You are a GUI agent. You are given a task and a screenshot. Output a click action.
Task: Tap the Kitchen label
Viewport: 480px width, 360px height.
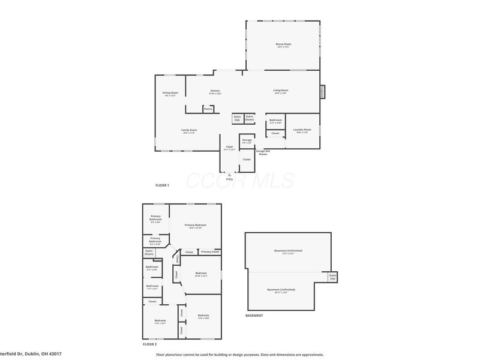(215, 92)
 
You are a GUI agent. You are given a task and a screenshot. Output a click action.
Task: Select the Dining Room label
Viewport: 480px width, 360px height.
(170, 94)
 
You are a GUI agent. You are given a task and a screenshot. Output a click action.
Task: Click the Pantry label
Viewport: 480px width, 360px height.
(208, 109)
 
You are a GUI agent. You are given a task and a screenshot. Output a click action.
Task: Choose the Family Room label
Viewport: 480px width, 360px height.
(190, 131)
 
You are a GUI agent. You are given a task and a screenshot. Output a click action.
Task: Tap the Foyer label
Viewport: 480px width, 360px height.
(229, 148)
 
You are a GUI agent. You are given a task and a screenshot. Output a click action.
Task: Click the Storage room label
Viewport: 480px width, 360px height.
(247, 140)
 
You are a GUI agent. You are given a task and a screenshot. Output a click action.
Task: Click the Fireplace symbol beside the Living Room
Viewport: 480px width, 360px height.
(323, 91)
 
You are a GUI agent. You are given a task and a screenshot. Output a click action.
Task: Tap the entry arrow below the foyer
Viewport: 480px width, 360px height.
(229, 175)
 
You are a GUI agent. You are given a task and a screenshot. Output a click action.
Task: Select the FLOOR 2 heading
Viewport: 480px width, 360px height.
(149, 344)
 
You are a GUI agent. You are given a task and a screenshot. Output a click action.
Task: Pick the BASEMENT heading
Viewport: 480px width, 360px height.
(254, 315)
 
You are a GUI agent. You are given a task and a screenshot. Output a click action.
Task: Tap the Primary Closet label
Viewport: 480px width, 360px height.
(210, 251)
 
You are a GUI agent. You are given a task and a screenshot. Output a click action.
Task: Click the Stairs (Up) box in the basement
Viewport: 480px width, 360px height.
(332, 277)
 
